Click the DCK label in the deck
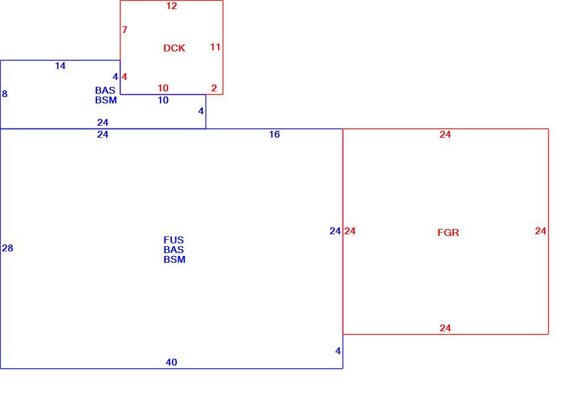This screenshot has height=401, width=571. [174, 48]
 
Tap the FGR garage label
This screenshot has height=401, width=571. [448, 232]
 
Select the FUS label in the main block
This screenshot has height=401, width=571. [174, 240]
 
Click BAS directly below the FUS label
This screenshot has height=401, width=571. [174, 250]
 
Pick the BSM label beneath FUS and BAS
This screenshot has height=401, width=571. [174, 260]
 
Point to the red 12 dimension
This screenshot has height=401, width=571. [171, 6]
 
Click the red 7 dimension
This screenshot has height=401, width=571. [124, 30]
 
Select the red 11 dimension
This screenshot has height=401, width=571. [215, 47]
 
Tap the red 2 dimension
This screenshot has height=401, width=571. [214, 88]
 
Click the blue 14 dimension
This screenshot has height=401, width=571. [60, 66]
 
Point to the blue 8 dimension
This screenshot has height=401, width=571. [5, 94]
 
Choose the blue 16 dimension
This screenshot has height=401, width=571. [274, 135]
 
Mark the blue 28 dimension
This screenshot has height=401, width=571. [7, 248]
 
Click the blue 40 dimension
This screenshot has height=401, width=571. [171, 362]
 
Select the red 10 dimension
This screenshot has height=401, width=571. [163, 88]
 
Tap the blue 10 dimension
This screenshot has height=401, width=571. [163, 100]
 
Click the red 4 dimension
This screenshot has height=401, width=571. [124, 77]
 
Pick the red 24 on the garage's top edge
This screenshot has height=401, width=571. [445, 135]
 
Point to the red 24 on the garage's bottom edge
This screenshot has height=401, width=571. [445, 328]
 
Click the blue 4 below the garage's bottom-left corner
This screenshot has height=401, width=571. [338, 351]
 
